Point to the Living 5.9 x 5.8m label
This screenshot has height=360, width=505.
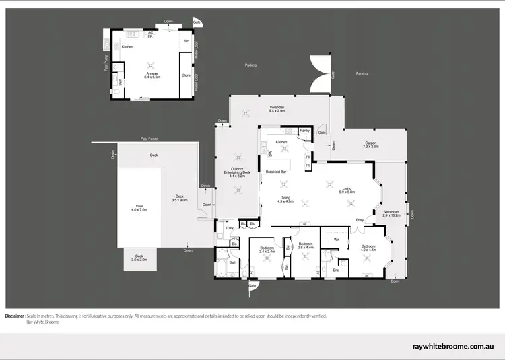(x=347, y=190)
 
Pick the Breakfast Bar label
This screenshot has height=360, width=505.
(x=277, y=172)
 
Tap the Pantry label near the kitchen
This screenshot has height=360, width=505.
(x=304, y=131)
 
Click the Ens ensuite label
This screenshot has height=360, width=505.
(x=336, y=270)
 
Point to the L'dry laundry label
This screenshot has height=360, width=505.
(x=230, y=229)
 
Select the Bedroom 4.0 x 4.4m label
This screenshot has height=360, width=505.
(x=368, y=248)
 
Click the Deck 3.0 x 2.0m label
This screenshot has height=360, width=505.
(x=139, y=257)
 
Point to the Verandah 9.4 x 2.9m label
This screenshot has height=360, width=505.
(x=277, y=110)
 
